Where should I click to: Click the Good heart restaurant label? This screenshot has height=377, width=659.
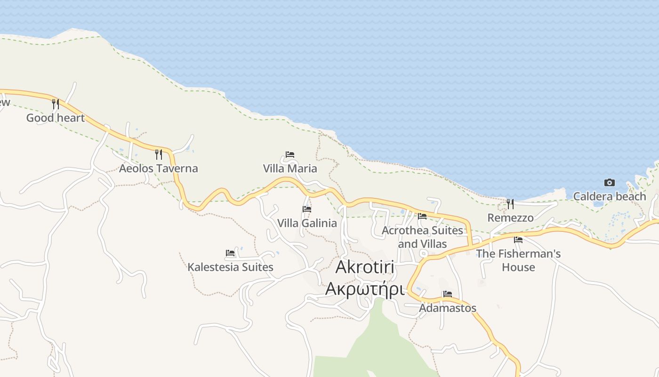pos(55,118)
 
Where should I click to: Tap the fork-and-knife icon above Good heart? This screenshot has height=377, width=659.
pos(55,104)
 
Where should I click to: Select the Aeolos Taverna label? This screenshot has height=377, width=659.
pos(158,168)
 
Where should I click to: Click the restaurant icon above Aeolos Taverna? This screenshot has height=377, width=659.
pos(158,154)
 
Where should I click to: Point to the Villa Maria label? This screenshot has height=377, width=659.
pos(290,168)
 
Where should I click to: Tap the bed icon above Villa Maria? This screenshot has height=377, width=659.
pos(290,155)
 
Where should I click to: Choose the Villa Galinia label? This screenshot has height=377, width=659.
pos(307,223)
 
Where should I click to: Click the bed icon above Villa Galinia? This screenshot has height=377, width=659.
pos(307,209)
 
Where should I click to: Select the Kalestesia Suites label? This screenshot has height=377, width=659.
pos(230,267)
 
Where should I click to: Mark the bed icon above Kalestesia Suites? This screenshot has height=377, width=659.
pos(230,253)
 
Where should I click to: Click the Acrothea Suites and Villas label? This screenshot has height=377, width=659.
pos(422,237)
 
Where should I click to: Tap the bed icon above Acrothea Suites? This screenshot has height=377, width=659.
pos(422,216)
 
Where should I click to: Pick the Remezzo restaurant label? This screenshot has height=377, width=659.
pos(510,218)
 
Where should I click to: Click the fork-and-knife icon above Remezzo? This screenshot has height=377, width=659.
pos(510,204)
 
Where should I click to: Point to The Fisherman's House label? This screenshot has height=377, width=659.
pos(518,260)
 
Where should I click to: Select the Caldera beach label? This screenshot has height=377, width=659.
pos(609,196)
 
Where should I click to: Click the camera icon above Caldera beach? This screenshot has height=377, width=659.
pos(609,182)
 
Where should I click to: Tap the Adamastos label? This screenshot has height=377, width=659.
pos(448,308)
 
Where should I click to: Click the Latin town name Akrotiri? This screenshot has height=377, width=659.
pos(365,267)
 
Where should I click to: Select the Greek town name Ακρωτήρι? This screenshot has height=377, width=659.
pos(365,288)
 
